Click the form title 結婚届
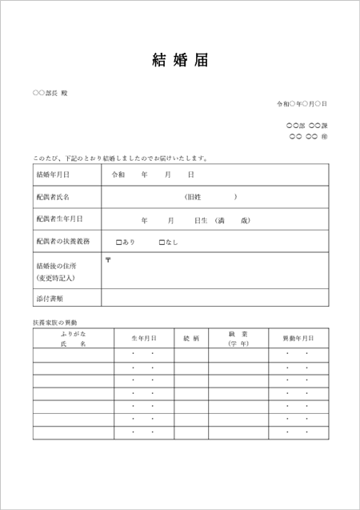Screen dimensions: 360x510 coord(180,60)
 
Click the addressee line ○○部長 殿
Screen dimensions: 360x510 coord(50,94)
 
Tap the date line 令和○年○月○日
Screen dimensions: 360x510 coord(302,104)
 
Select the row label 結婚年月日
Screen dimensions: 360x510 coord(53,175)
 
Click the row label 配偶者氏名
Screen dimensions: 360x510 coord(53,196)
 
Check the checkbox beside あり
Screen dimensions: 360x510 coord(118,242)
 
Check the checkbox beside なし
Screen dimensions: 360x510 coord(162,242)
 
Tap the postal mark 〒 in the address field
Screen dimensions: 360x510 coord(108,259)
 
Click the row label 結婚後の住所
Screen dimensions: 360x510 coord(56,265)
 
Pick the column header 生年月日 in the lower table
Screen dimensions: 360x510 coord(144,338)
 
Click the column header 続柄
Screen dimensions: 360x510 coord(191,338)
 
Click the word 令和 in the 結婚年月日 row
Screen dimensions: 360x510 coord(118,175)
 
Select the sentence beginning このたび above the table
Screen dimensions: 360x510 coord(120,158)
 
